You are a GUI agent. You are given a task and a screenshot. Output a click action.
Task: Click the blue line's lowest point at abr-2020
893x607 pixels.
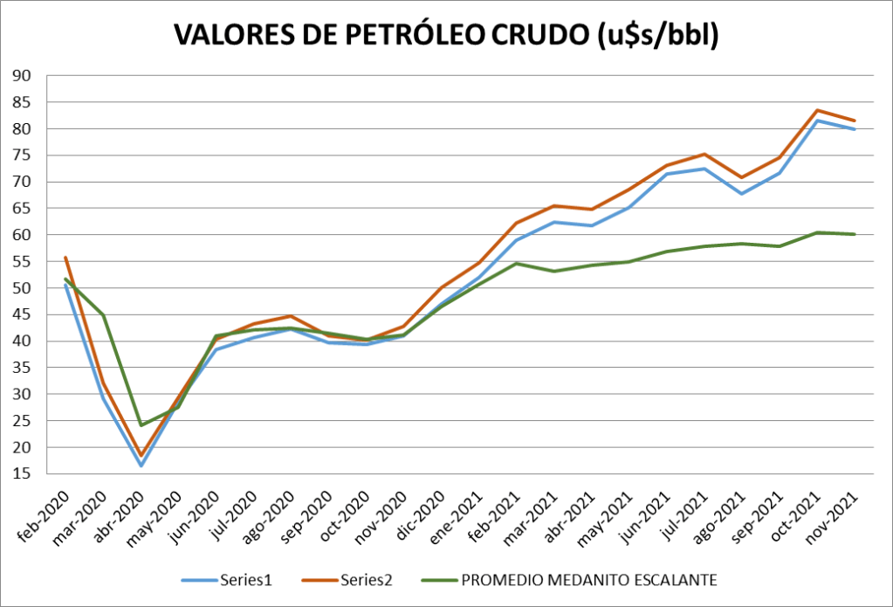pyautogui.click(x=141, y=466)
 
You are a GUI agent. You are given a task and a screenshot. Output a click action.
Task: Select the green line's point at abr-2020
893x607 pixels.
pyautogui.click(x=141, y=425)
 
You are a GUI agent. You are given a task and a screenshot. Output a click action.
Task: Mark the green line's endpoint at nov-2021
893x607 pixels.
pyautogui.click(x=855, y=234)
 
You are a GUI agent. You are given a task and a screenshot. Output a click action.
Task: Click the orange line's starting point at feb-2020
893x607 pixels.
pyautogui.click(x=65, y=258)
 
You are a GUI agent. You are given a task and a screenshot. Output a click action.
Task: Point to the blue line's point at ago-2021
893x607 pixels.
pyautogui.click(x=742, y=194)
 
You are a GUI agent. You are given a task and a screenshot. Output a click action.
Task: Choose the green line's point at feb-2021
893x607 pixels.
pyautogui.click(x=517, y=263)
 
